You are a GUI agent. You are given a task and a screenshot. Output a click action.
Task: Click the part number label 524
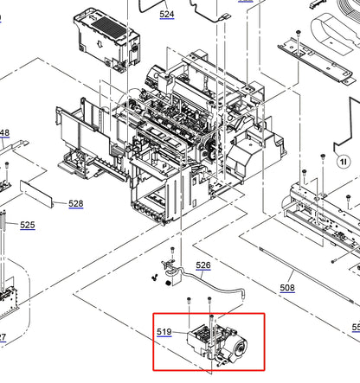(x=166, y=14)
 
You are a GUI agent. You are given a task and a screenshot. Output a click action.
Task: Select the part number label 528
(x=76, y=204)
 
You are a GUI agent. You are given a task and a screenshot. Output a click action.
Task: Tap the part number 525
(x=28, y=225)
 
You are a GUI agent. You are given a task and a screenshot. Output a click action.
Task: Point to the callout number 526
(x=203, y=265)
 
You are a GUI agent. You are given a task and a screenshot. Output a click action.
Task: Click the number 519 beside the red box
(x=164, y=332)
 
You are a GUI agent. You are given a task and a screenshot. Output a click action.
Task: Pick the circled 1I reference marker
(x=344, y=162)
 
